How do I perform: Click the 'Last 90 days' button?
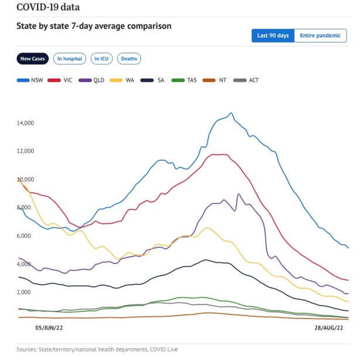pyautogui.click(x=273, y=36)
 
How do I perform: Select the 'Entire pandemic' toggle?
pyautogui.click(x=320, y=36)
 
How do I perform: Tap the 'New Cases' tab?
pyautogui.click(x=33, y=59)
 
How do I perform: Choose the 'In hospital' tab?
pyautogui.click(x=69, y=59)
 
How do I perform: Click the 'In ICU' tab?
pyautogui.click(x=102, y=59)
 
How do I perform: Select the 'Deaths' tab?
pyautogui.click(x=129, y=59)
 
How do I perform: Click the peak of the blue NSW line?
pyautogui.click(x=231, y=113)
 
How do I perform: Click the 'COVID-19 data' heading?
pyautogui.click(x=49, y=8)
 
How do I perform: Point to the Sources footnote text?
pyautogui.click(x=97, y=349)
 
